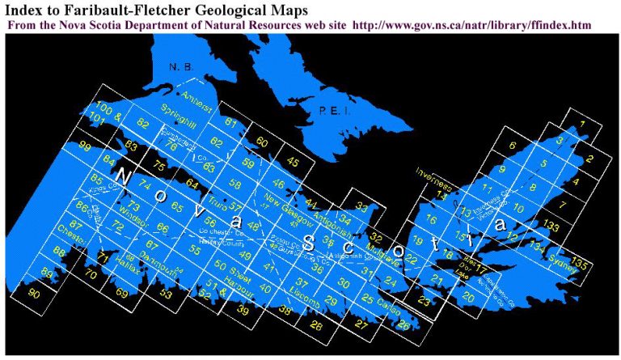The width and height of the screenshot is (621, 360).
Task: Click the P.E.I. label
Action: pos(334,111)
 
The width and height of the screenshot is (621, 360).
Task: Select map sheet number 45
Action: pos(292,163)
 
